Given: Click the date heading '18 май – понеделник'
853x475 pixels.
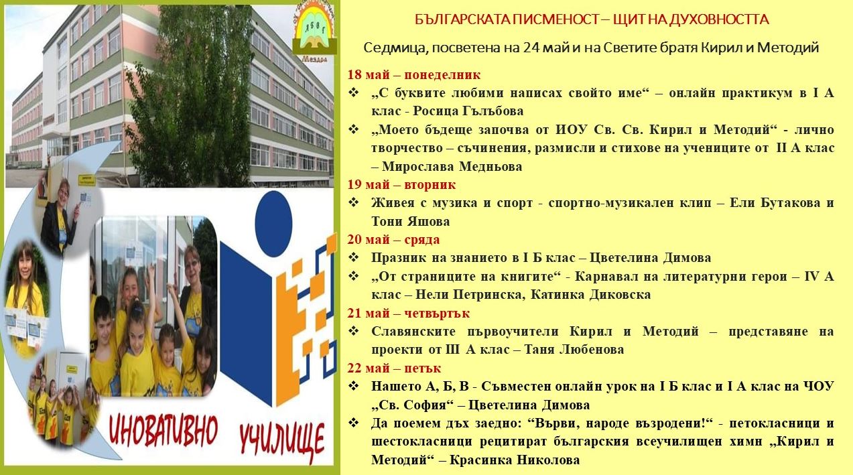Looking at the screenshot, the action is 413,74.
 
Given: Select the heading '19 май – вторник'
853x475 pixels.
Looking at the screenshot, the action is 401,185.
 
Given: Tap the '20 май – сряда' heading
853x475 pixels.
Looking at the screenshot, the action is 393,240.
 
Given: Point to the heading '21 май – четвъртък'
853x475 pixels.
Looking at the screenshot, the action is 408,314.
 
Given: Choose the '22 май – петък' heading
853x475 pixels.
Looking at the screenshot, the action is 394,368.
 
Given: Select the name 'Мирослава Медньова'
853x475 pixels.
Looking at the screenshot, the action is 452,166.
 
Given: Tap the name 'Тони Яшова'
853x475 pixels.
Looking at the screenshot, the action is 411,221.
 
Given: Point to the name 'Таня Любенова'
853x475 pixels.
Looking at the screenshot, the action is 574,350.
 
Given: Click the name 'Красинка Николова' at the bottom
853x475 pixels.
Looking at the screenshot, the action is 515,460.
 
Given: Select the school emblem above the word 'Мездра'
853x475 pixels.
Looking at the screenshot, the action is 314,30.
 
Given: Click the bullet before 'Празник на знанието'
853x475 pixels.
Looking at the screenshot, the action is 354,258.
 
